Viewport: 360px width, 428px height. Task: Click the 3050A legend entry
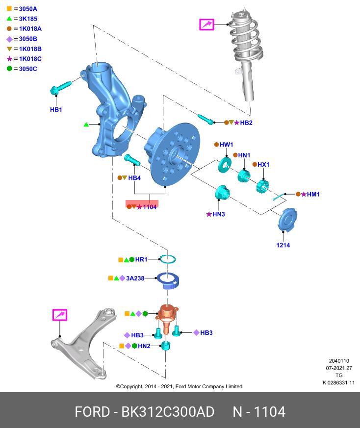25,9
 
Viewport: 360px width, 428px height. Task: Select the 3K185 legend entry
25,19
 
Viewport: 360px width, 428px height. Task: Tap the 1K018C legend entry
26,59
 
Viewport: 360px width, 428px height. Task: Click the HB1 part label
56,110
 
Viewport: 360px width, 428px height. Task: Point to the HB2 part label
246,123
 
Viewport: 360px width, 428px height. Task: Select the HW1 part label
226,145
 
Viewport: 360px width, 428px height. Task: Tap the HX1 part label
263,165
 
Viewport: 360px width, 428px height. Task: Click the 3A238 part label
135,278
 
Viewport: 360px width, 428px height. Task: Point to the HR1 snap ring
169,259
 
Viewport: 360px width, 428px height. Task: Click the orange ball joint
168,316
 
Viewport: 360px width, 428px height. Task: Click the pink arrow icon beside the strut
206,24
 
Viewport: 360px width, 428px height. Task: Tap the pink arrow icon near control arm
60,315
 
